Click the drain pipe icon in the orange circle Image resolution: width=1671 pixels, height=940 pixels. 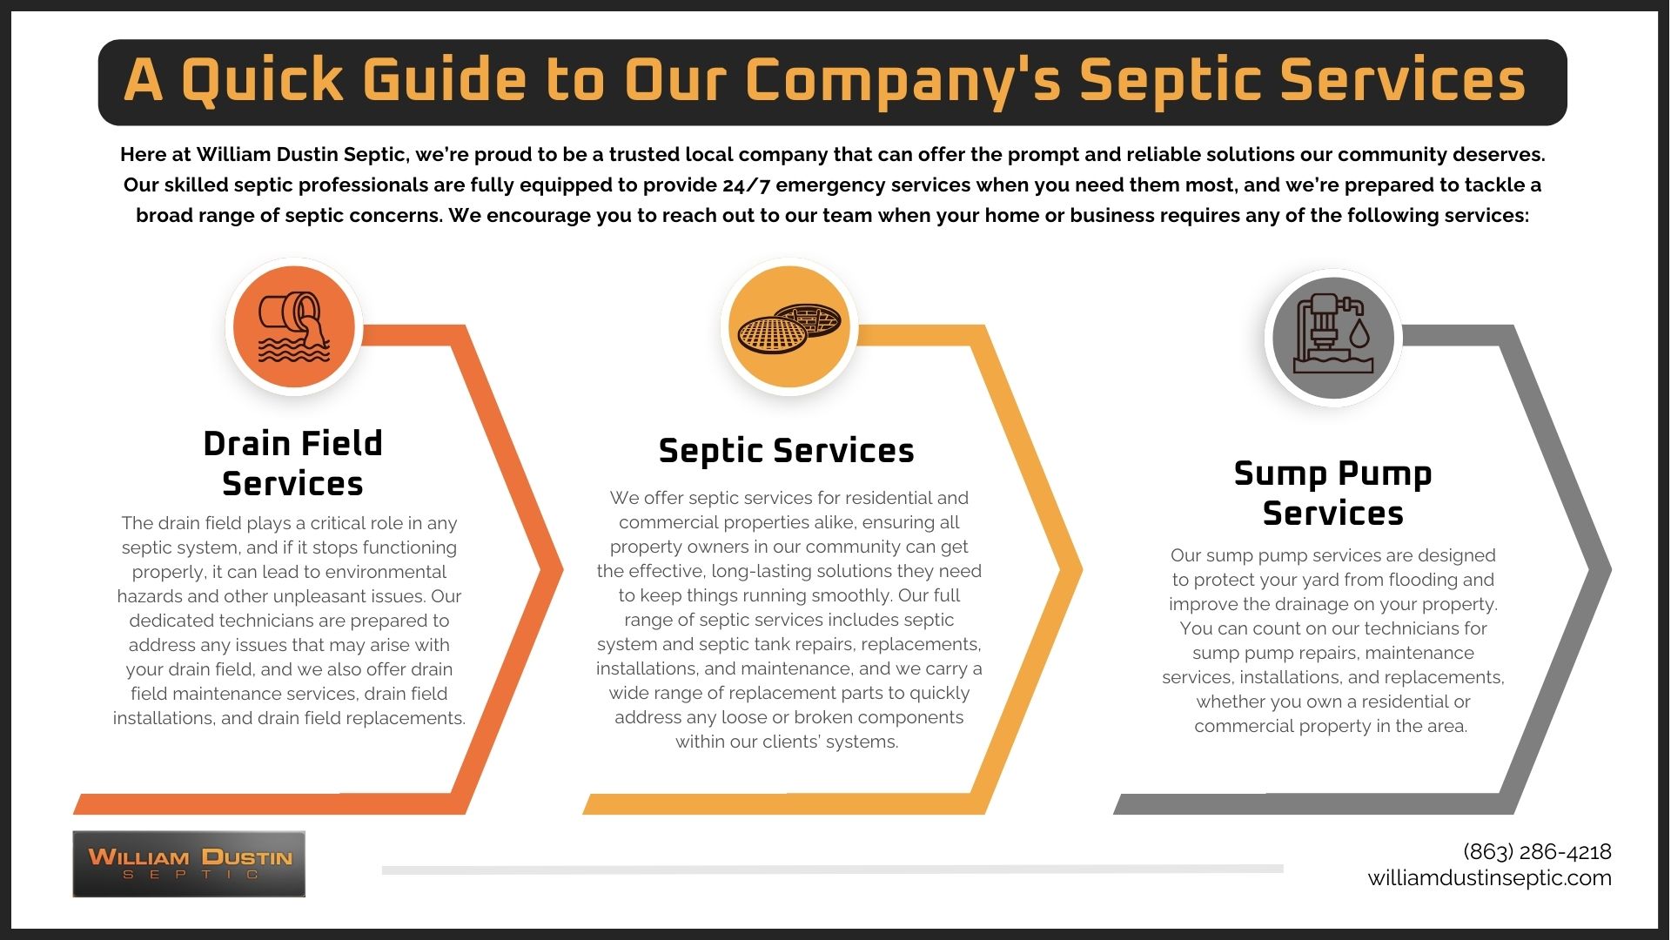coord(294,327)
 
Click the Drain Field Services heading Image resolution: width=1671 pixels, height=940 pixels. coord(292,463)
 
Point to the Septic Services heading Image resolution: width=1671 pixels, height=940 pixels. coord(786,451)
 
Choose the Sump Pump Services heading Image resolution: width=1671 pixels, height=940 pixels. coord(1332,493)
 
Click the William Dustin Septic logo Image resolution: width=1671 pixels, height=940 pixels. coord(189,863)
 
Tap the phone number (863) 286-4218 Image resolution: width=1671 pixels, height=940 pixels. coord(1537,851)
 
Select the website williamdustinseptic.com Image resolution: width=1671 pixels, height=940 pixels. coord(1489,877)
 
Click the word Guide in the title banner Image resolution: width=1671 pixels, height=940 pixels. coord(444,80)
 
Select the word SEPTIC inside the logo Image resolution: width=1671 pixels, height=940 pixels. coord(191,875)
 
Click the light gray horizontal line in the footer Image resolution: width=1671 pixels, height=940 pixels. coord(832,869)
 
